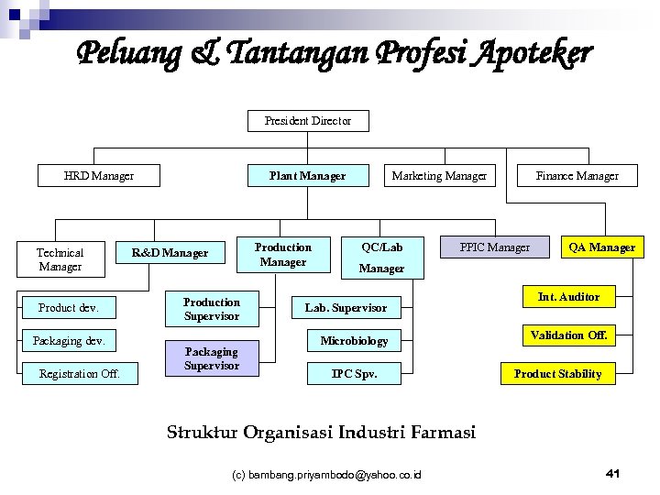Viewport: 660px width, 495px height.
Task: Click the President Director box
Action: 308,121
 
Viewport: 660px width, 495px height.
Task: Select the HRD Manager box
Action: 99,175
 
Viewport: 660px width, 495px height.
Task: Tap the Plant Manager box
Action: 308,175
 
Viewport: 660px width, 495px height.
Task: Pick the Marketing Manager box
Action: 439,175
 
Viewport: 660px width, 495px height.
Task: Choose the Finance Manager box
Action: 577,175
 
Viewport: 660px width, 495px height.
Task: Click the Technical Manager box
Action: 60,259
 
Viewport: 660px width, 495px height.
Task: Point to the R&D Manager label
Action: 170,252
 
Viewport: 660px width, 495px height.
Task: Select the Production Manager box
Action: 283,255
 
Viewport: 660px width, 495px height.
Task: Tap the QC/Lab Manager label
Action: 381,258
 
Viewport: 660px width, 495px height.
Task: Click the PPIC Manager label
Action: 495,247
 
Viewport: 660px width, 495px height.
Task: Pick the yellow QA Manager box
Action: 601,247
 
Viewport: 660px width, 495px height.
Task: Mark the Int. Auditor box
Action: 568,297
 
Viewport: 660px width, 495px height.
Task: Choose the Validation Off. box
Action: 568,335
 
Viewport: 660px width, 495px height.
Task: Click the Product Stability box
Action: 557,374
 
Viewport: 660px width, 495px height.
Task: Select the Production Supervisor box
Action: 212,309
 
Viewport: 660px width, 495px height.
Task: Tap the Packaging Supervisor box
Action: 212,358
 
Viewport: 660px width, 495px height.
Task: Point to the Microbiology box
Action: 354,341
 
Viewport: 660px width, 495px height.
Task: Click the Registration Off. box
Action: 80,373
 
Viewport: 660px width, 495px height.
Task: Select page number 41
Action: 613,473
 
